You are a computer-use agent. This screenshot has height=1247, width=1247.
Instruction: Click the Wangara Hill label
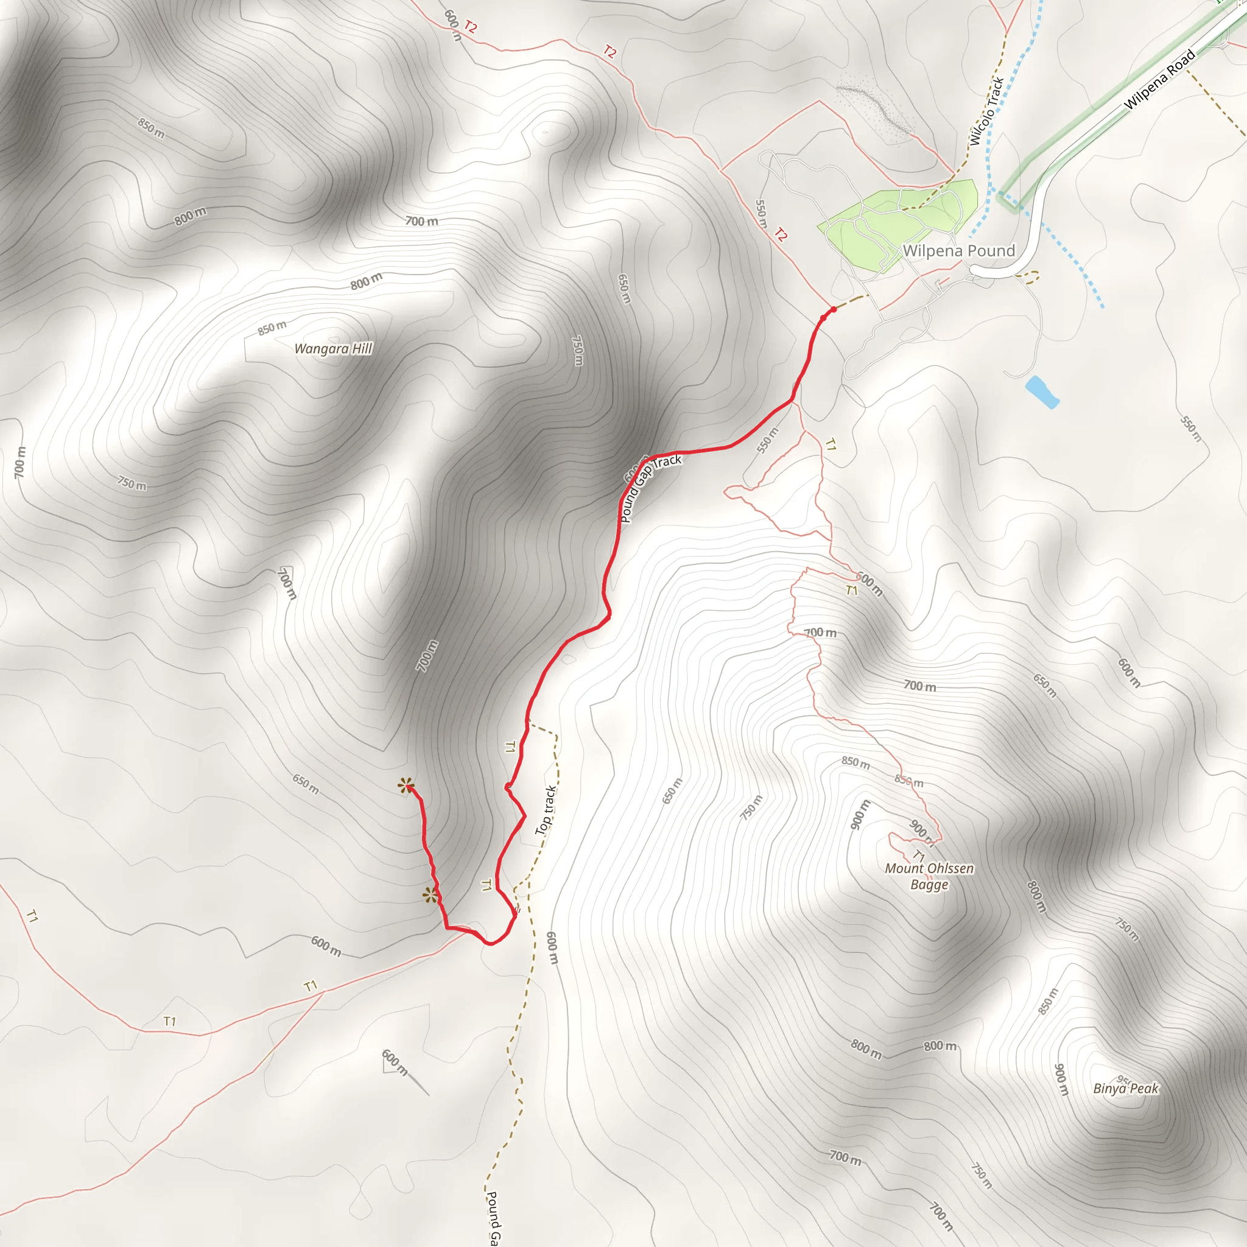point(333,349)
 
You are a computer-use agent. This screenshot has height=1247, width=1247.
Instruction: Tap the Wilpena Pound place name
point(958,251)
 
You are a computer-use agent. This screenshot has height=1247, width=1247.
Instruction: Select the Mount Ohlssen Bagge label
point(929,876)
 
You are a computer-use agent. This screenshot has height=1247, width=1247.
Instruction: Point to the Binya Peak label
point(1126,1088)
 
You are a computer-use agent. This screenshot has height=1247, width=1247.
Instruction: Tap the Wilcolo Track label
point(986,111)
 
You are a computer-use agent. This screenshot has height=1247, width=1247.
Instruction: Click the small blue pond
point(1042,392)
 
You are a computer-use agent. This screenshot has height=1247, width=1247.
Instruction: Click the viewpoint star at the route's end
point(406,785)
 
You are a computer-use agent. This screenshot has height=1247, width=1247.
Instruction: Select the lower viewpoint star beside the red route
point(430,895)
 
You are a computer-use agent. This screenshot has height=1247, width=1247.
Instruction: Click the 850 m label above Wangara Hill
point(272,328)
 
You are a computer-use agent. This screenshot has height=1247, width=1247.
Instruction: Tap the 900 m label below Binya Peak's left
point(1061,1079)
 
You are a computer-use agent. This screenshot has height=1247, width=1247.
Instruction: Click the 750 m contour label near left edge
point(132,483)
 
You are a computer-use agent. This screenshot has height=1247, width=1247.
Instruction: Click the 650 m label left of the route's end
point(305,784)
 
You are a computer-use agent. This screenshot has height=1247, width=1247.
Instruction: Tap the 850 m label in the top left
point(151,128)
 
